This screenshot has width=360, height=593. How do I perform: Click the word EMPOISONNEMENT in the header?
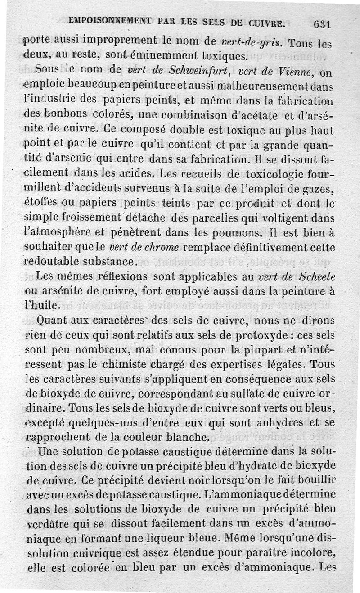[106, 21]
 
